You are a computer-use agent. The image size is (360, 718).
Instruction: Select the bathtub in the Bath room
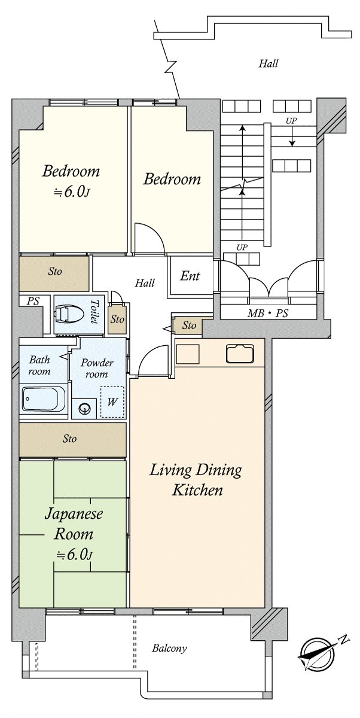(x=44, y=398)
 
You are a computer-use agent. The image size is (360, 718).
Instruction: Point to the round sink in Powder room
(x=84, y=409)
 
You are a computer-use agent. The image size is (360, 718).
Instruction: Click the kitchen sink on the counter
(x=240, y=354)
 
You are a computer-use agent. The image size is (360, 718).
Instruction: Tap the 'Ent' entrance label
(x=190, y=276)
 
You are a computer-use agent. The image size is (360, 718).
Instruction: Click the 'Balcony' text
(x=169, y=648)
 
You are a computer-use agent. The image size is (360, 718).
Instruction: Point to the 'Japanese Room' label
(x=73, y=524)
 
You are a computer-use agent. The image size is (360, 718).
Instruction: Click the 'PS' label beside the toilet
(x=32, y=302)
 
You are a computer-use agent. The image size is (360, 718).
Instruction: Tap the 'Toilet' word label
(x=94, y=312)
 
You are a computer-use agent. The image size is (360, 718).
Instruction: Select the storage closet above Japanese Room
(x=72, y=439)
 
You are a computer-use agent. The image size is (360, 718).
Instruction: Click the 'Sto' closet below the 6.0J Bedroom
(x=54, y=271)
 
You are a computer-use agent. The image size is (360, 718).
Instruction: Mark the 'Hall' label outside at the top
(x=269, y=63)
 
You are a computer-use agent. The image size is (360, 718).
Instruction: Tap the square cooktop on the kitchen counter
(x=188, y=352)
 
